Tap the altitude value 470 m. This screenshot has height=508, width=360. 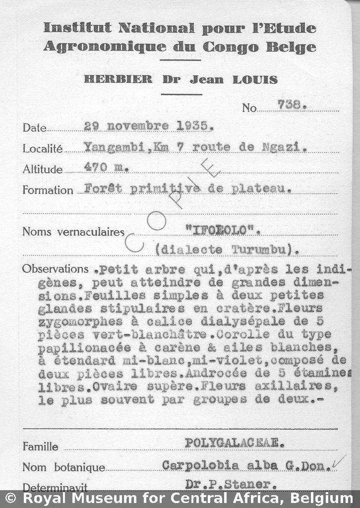106,168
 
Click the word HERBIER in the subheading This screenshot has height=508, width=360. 118,79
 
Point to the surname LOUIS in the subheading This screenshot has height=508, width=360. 256,79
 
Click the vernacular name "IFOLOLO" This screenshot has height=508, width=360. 222,229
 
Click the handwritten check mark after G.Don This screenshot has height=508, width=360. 339,462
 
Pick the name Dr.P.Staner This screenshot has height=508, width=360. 228,484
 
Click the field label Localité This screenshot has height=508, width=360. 43,148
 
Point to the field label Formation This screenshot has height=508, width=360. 48,190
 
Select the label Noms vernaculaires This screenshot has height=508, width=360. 73,232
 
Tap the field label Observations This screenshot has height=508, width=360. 55,269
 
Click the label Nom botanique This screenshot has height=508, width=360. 64,467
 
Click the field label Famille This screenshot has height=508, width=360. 40,446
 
